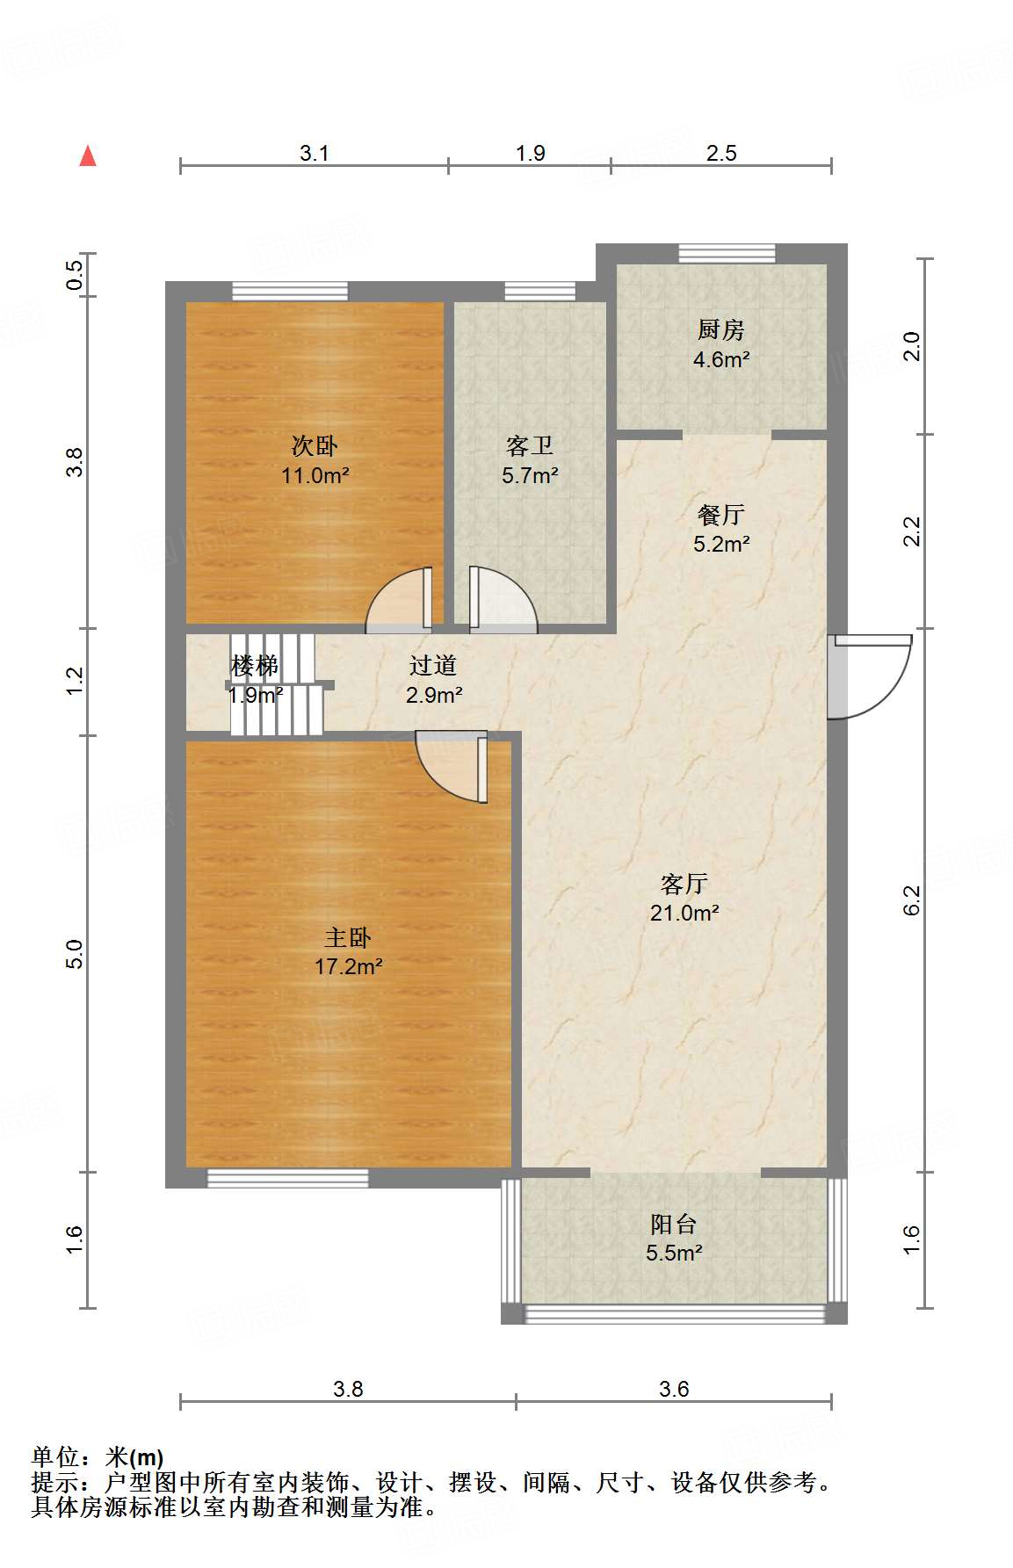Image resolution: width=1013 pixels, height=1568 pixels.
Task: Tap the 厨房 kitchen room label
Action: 720,329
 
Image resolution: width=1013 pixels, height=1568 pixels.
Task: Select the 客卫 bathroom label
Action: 530,446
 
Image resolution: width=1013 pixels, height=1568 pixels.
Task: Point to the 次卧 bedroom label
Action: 315,446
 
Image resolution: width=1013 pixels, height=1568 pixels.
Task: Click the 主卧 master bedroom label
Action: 348,937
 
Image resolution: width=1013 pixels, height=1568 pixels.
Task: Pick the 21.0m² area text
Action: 684,913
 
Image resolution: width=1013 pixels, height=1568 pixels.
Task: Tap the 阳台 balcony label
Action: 674,1224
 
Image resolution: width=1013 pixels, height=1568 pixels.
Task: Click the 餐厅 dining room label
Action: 720,515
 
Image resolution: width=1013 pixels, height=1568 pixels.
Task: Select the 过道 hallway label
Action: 433,665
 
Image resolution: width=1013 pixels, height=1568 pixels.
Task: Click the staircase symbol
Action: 276,684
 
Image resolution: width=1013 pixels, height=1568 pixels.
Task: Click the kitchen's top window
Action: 727,254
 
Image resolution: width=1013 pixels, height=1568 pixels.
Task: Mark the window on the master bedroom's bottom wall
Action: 287,1179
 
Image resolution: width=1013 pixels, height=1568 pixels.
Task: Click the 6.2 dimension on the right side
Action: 912,900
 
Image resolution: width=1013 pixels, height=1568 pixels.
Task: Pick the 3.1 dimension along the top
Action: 314,153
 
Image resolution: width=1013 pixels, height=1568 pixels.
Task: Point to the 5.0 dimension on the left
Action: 76,954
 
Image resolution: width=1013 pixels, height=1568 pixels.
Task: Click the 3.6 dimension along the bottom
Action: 674,1389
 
